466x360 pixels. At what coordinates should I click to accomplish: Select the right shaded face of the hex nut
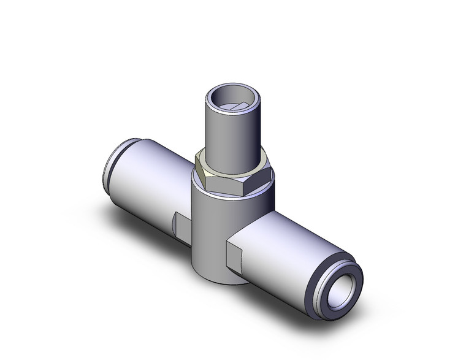pyautogui.click(x=264, y=175)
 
